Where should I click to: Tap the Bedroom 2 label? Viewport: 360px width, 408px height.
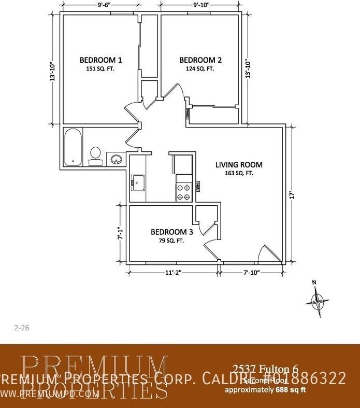click(199, 59)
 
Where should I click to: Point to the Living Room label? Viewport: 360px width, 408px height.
click(239, 165)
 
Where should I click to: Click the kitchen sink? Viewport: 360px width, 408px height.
click(138, 182)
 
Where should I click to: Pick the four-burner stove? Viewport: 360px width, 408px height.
click(183, 192)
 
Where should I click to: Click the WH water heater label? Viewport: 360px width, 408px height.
click(197, 186)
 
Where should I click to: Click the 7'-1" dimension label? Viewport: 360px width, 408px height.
click(121, 233)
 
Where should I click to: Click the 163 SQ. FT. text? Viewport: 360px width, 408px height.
click(239, 174)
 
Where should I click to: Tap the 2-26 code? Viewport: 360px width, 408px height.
click(20, 327)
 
